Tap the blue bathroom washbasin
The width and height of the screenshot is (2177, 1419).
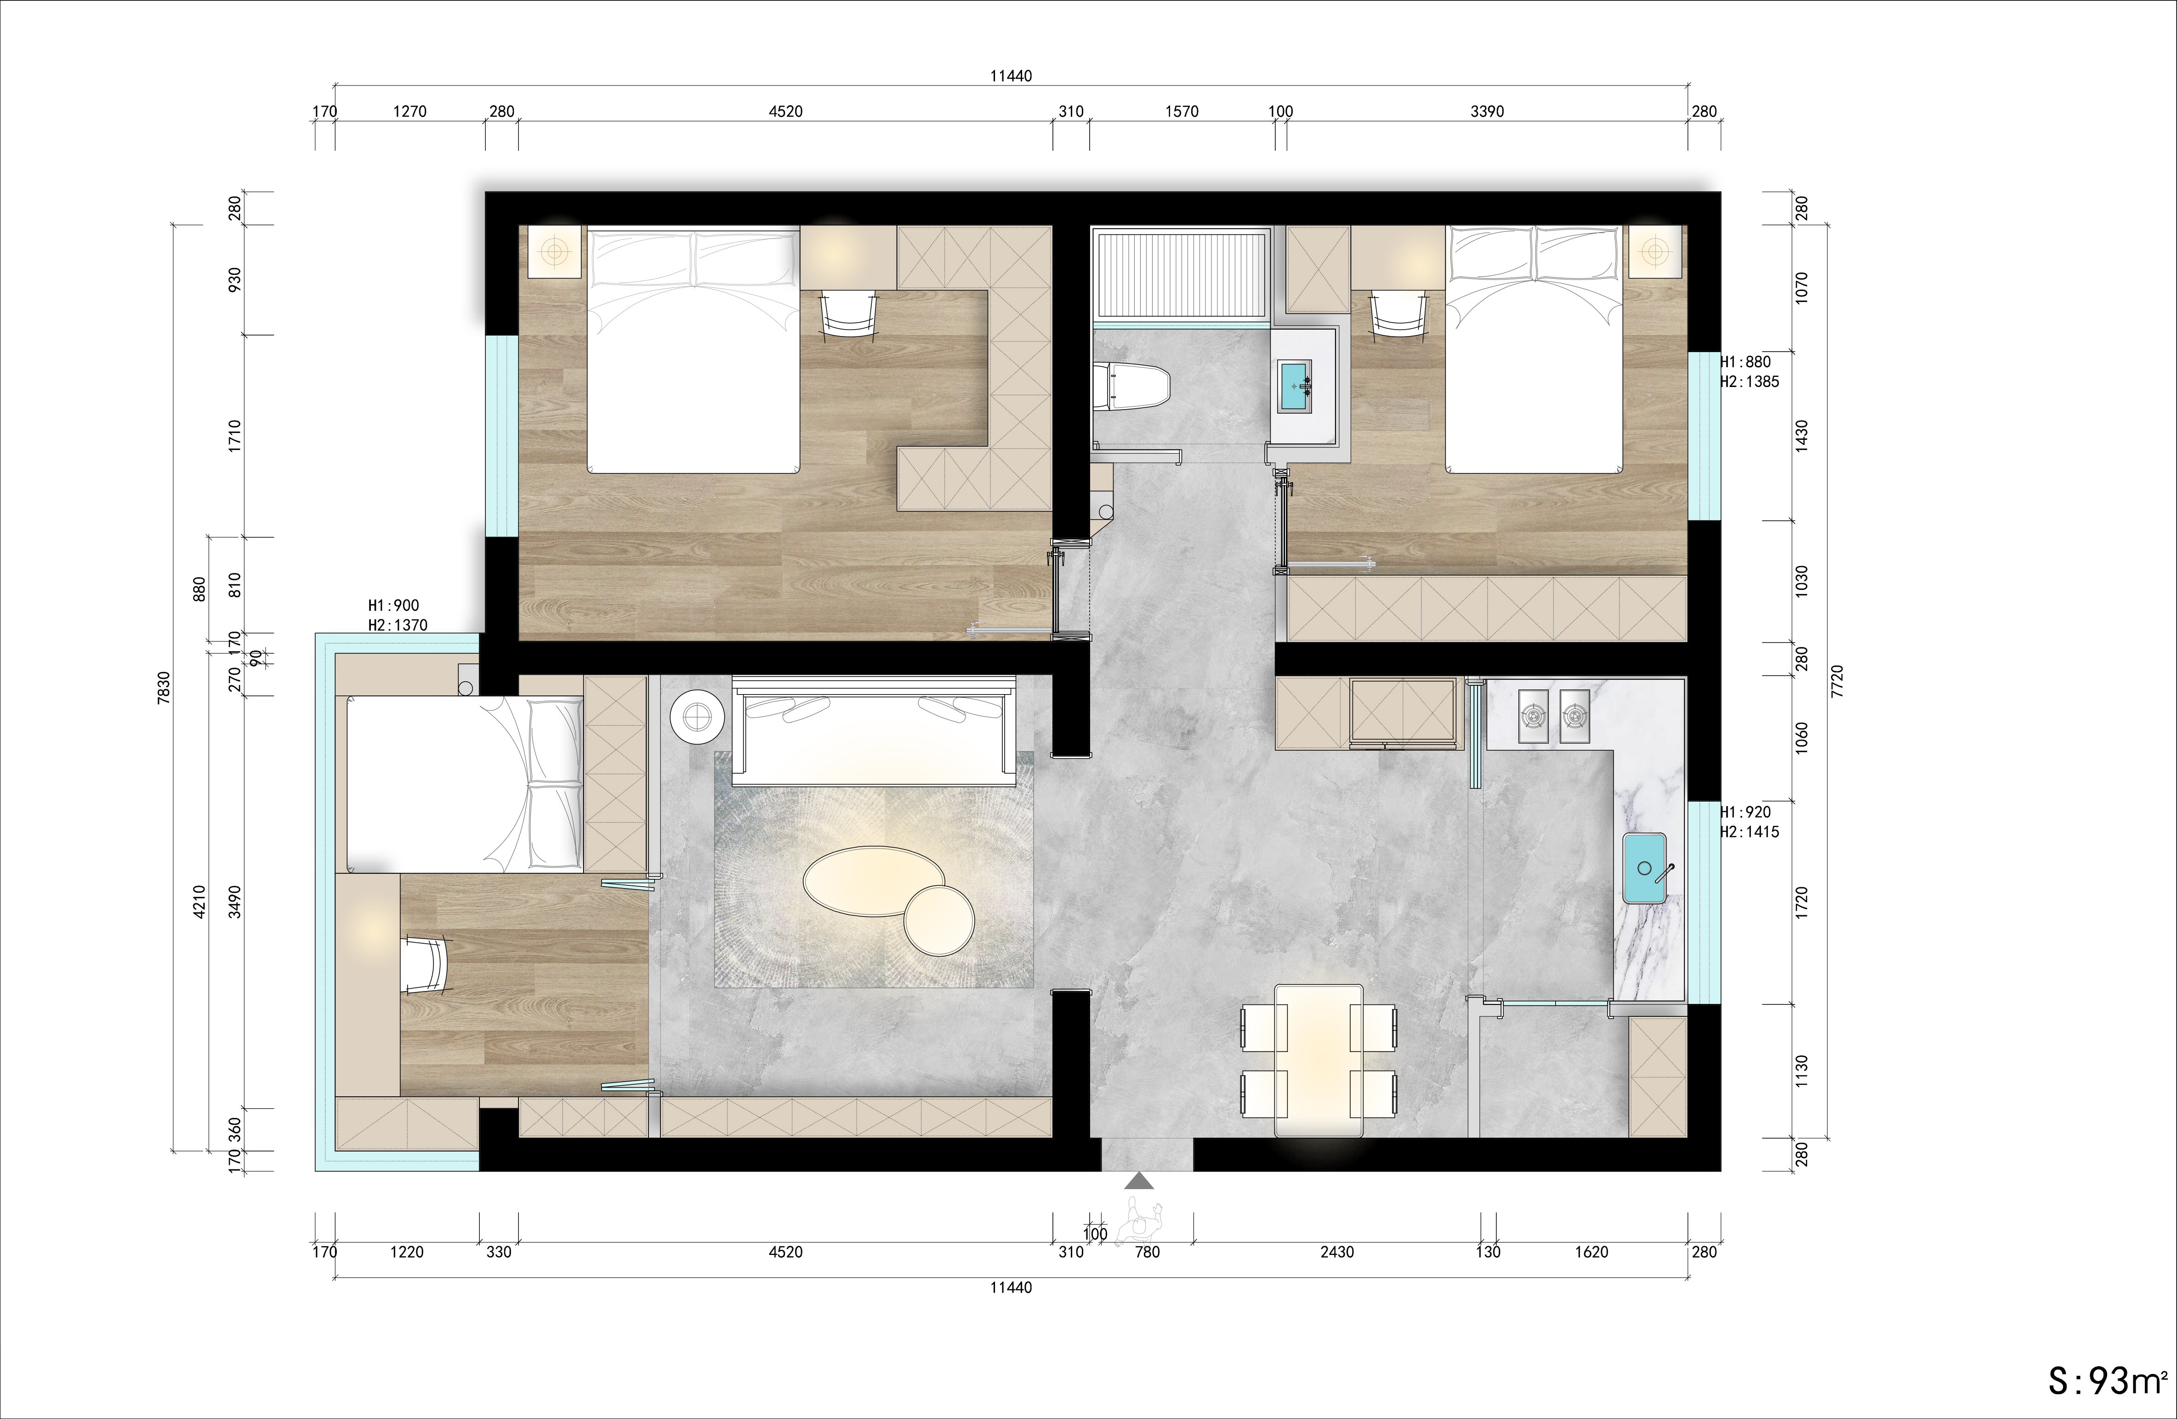point(1295,387)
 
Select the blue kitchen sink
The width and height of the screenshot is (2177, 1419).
point(1645,869)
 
